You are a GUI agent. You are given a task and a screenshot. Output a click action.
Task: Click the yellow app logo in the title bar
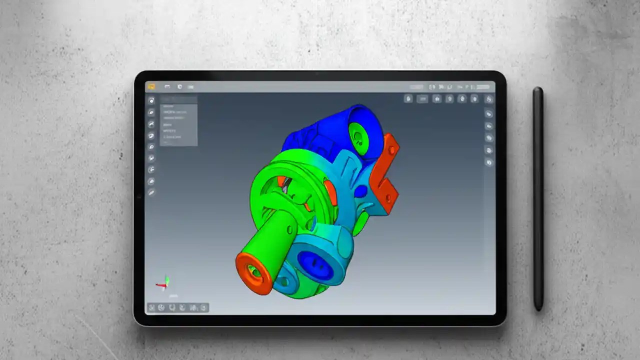[x=151, y=86]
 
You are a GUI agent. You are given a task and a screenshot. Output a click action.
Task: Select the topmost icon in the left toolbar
[x=151, y=100]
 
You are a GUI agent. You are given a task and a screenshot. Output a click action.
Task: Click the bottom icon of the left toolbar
[x=151, y=192]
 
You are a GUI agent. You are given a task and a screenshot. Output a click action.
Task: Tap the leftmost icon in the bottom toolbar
[x=151, y=307]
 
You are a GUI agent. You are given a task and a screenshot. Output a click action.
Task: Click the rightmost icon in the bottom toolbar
[x=203, y=307]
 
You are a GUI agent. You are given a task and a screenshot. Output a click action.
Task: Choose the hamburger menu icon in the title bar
[x=190, y=87]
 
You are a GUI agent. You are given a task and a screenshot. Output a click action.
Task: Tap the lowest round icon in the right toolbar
[x=488, y=162]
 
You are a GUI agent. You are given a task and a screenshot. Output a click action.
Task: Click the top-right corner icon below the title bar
[x=488, y=99]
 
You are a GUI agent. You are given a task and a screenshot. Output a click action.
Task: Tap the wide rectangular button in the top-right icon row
[x=422, y=99]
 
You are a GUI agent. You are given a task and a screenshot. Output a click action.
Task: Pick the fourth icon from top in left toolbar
[x=151, y=135]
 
